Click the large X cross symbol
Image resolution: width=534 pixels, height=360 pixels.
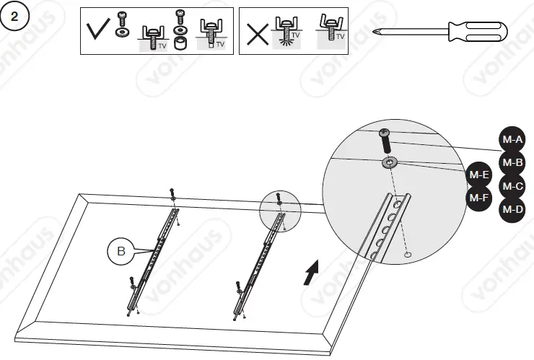pos(258,33)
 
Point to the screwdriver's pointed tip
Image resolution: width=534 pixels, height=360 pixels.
pos(377,31)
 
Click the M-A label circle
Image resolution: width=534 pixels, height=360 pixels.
pos(512,139)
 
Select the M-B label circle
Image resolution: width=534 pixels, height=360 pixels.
pos(512,162)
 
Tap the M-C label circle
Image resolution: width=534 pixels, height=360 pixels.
pos(512,186)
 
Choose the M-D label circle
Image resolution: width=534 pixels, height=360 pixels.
pos(512,209)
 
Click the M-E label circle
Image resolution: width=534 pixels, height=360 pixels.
pos(481,175)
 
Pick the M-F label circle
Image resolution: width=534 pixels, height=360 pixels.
pos(481,197)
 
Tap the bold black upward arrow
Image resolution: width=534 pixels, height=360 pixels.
pos(310,275)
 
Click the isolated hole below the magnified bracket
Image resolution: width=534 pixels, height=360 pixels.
pos(408,255)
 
